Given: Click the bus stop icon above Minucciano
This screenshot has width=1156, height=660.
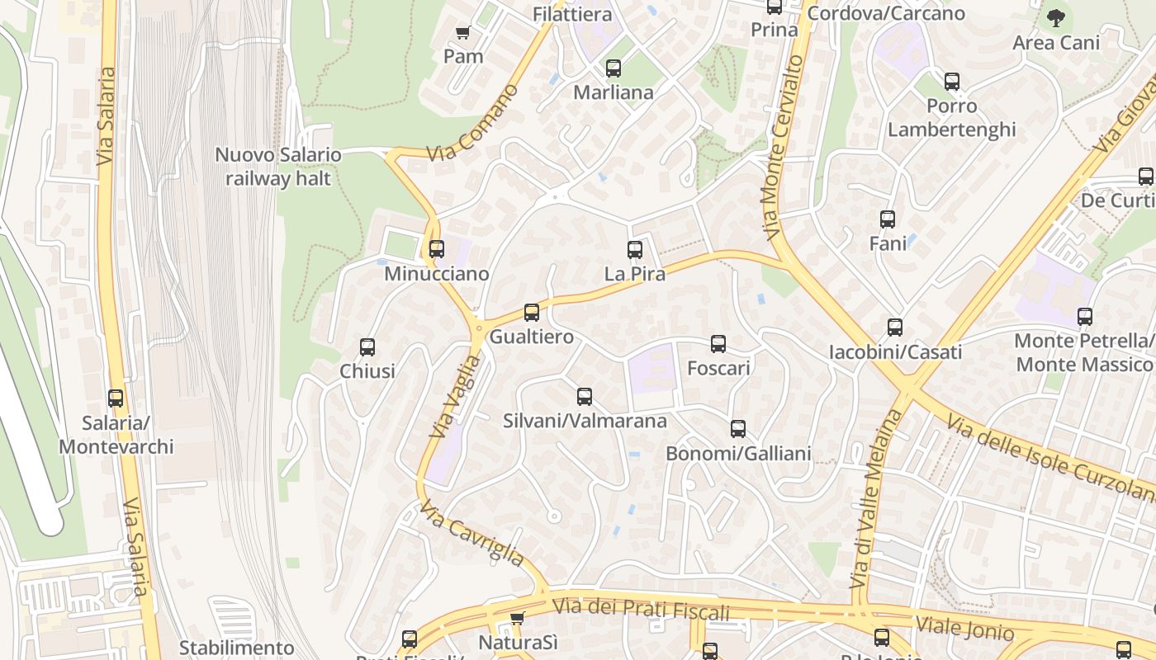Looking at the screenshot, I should (x=437, y=248).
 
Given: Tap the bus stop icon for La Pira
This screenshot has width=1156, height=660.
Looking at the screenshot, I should (x=635, y=249).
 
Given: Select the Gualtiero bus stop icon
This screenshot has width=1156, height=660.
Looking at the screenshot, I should (x=532, y=313).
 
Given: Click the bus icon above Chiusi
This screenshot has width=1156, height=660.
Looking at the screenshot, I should (x=367, y=347).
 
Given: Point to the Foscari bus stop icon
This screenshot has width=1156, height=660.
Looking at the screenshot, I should (x=718, y=344).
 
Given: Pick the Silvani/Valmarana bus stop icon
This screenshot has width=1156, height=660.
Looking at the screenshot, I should (x=585, y=397).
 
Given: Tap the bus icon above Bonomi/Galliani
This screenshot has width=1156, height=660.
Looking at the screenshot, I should (x=738, y=429).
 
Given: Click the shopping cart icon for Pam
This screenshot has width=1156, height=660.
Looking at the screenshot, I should (x=463, y=33).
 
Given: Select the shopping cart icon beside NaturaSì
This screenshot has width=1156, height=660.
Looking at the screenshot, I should (x=517, y=618).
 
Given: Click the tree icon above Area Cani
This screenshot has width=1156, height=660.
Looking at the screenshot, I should (x=1055, y=17).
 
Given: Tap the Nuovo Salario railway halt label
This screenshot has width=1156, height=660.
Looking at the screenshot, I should (x=278, y=167).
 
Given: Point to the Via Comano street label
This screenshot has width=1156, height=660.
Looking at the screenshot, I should (x=473, y=123).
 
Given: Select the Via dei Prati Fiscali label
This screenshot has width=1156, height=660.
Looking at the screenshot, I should (x=641, y=610).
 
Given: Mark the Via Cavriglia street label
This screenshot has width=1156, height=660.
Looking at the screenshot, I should (x=471, y=534).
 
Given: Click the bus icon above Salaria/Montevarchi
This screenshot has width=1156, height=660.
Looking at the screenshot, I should (x=116, y=398).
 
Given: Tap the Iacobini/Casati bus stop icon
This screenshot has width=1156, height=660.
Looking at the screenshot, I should (x=895, y=328).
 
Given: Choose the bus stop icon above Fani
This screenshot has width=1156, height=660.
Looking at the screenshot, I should (x=888, y=219).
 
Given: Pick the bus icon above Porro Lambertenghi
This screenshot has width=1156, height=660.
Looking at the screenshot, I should (x=952, y=82).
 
